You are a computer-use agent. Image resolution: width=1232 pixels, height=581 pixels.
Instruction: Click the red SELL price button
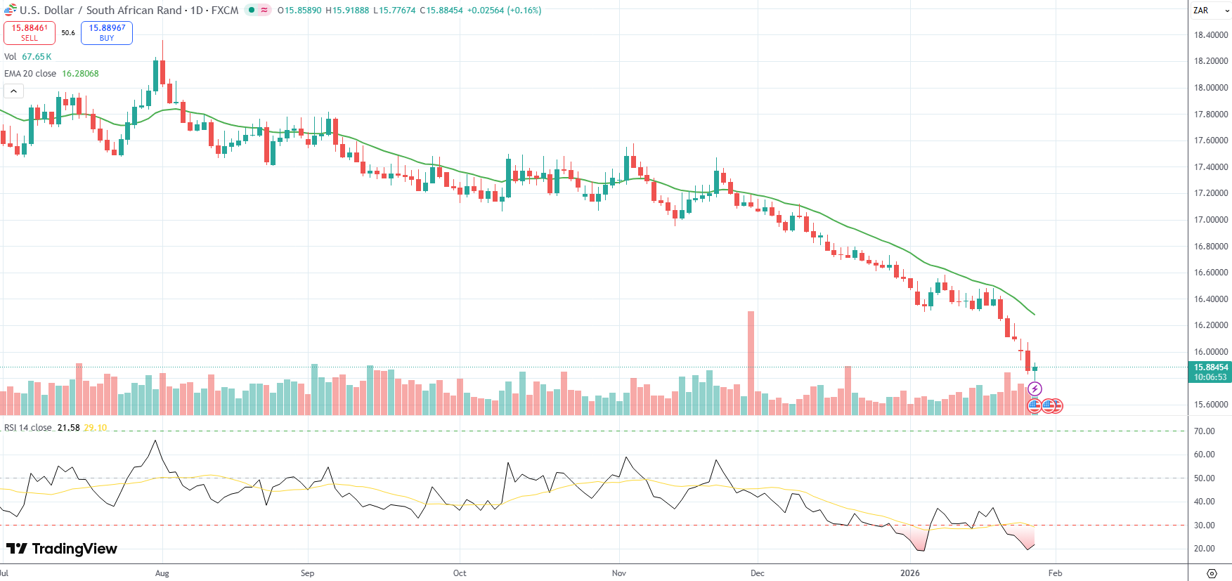[x=30, y=32]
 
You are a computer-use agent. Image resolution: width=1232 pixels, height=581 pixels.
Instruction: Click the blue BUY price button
[x=107, y=32]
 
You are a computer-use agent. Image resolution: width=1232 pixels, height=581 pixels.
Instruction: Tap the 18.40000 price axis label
[x=1211, y=35]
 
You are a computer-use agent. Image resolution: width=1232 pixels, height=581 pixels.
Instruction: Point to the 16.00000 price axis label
[x=1211, y=352]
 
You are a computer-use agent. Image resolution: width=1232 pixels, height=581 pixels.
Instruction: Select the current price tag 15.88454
[x=1210, y=367]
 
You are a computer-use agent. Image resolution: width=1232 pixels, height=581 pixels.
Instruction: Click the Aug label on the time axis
[x=162, y=573]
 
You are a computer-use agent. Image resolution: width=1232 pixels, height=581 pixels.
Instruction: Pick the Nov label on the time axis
[x=619, y=573]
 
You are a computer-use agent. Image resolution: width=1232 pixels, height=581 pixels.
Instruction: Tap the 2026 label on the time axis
[x=910, y=573]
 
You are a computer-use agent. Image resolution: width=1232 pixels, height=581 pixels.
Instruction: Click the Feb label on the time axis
[x=1055, y=573]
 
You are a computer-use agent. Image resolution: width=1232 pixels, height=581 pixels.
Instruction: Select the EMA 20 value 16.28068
[x=80, y=74]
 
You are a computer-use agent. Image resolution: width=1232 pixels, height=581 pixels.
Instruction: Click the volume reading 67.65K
[x=37, y=57]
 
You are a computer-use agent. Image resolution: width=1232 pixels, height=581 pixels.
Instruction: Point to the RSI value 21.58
[x=68, y=428]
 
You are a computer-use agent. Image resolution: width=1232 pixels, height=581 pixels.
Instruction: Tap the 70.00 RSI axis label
[x=1204, y=431]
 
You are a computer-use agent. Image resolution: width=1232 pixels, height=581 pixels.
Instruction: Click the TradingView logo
[x=62, y=549]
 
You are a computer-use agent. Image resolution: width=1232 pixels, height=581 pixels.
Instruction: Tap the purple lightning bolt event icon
[x=1035, y=389]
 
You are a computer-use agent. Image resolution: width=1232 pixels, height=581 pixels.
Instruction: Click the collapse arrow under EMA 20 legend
[x=13, y=91]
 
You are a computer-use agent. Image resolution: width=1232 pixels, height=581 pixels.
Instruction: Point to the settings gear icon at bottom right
[x=1211, y=573]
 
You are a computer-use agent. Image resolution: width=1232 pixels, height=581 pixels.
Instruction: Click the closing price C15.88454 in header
[x=441, y=11]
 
